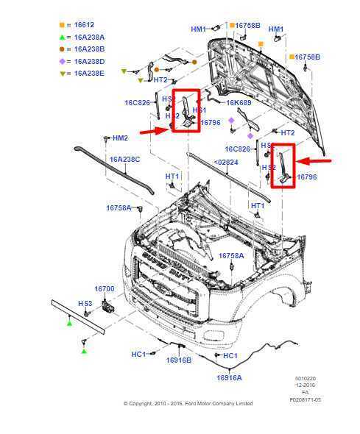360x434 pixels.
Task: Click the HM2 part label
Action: (x=120, y=138)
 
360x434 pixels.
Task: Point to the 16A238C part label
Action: (x=124, y=159)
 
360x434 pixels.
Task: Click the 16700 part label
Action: (x=104, y=289)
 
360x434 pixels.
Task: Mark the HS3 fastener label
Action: (x=85, y=303)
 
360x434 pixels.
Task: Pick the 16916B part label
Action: (x=178, y=360)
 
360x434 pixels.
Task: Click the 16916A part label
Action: (x=229, y=377)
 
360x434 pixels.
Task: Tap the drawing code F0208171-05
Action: (x=305, y=399)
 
